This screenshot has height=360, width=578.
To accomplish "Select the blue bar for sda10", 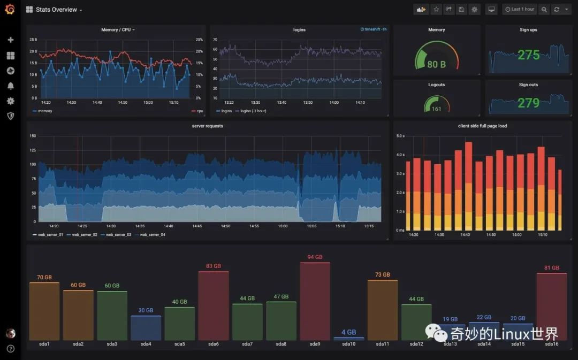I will [348, 339].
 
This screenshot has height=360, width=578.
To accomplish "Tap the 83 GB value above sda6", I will [214, 266].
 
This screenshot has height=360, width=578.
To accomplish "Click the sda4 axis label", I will [146, 344].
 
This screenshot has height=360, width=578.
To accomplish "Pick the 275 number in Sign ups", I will [529, 55].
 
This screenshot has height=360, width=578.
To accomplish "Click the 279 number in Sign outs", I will [529, 102].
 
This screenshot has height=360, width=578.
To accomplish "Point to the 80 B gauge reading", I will [436, 64].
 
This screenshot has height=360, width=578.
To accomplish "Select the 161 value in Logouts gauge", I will [436, 109].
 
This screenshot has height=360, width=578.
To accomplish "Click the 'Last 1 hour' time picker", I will [520, 9].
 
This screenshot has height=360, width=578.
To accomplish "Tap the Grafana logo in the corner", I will [10, 9].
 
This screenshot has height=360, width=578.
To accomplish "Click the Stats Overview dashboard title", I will [56, 10].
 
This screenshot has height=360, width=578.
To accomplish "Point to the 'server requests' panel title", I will [207, 126].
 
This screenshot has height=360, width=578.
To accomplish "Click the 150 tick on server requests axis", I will [32, 136].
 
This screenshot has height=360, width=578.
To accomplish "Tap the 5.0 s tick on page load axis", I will [400, 136].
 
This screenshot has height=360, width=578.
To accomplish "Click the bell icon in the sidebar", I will [10, 86].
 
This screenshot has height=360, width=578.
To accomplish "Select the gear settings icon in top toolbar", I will [474, 9].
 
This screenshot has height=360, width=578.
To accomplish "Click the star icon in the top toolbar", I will [436, 9].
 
